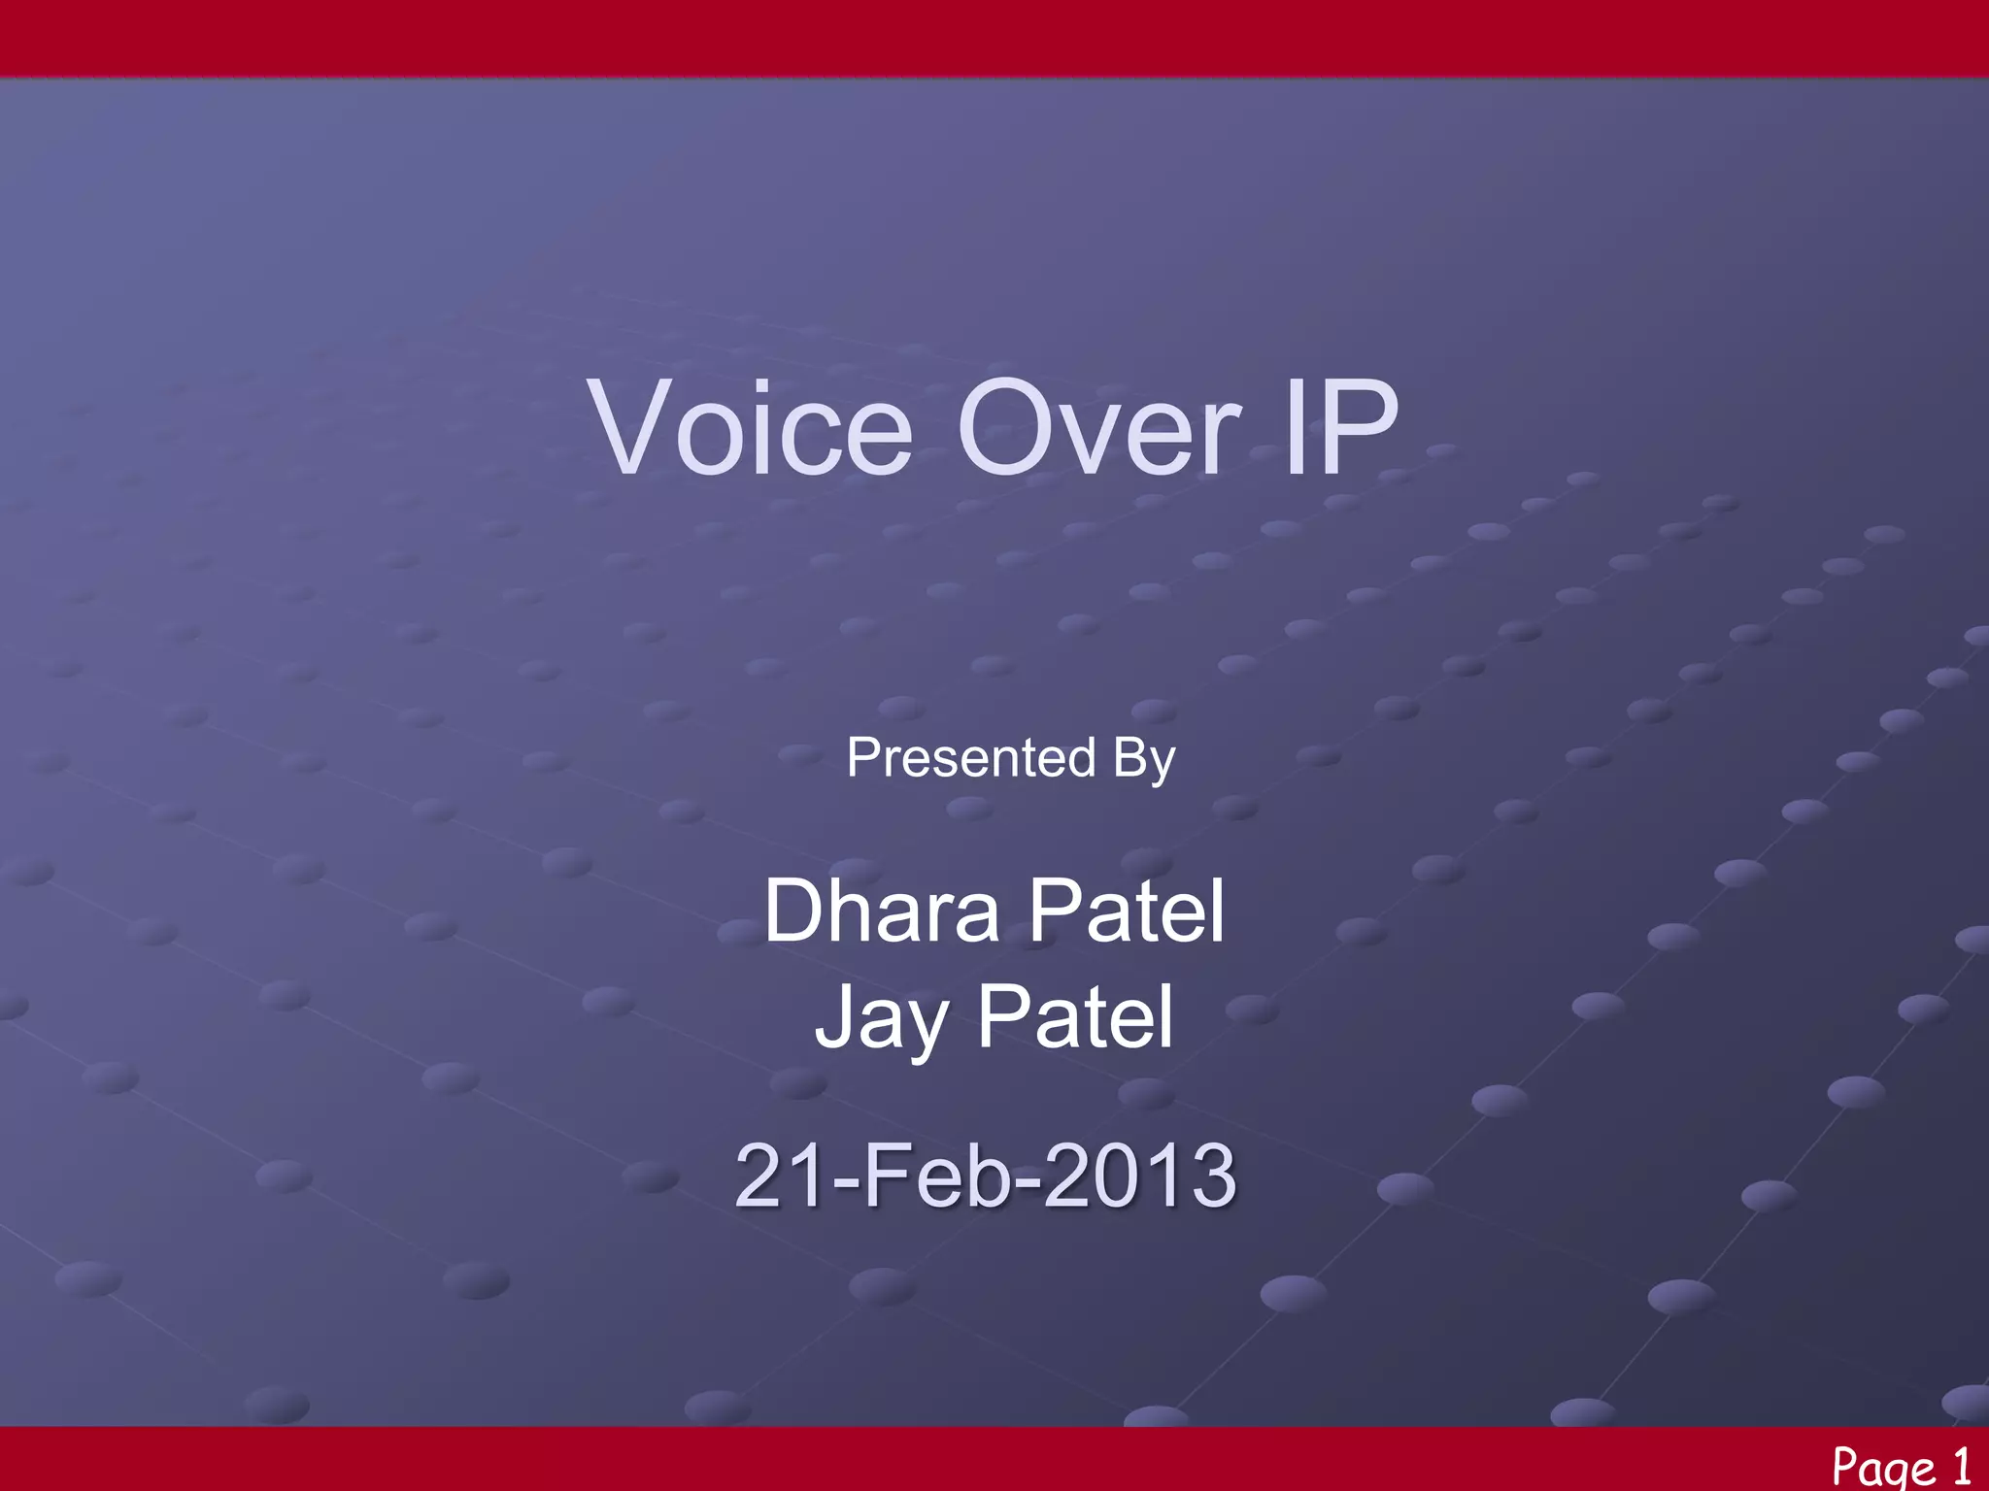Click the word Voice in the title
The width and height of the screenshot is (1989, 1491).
click(753, 428)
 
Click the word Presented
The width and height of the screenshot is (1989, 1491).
click(970, 757)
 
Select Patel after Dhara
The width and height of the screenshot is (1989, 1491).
click(1127, 911)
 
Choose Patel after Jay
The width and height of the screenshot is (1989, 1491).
click(1075, 1017)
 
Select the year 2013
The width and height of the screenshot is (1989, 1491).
click(1139, 1176)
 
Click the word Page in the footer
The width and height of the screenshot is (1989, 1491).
click(1883, 1466)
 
